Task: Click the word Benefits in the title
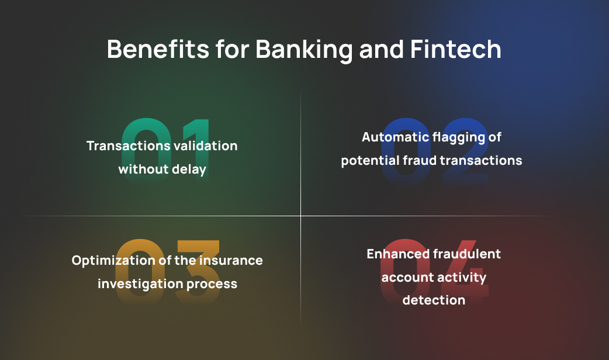click(x=158, y=49)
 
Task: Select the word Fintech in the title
click(x=456, y=49)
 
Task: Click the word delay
click(x=189, y=169)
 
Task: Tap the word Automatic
click(x=395, y=137)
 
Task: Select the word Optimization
click(x=113, y=261)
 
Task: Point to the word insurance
click(x=231, y=260)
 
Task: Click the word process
click(x=212, y=284)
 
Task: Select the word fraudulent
click(x=466, y=254)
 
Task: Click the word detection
click(x=434, y=300)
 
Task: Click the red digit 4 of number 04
click(x=468, y=272)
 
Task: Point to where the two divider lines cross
click(x=300, y=216)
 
